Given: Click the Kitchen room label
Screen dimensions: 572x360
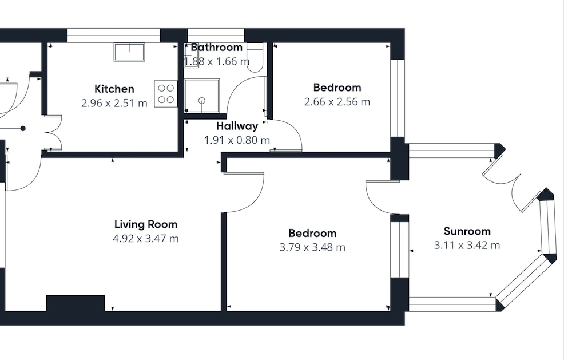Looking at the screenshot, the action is pos(114,89).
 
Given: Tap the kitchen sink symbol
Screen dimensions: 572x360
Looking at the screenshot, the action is pos(129,52).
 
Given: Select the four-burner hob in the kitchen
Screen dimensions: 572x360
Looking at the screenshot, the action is pos(166,94).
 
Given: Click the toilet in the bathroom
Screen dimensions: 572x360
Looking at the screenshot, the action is pos(255,57).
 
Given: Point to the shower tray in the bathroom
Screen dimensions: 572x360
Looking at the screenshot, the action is pos(202,96).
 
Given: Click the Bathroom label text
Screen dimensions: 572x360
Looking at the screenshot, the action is pos(216,47).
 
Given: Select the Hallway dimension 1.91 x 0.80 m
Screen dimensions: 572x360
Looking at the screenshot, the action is pos(237,140).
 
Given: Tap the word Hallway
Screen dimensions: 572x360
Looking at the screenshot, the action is pos(237,126).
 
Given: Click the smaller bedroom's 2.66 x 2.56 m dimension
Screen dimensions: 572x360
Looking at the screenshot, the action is pos(337,102).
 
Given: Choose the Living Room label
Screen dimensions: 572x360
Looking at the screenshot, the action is pos(146,224).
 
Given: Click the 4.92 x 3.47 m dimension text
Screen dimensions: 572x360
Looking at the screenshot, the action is pos(146,239).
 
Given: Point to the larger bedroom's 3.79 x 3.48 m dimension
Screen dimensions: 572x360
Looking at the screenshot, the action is pos(312,248).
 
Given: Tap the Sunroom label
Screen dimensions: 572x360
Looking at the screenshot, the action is pos(467,231).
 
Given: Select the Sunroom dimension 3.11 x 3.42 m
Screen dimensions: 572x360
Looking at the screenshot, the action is pos(467,246).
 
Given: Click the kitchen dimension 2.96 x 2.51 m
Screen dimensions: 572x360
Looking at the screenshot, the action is pos(114,104).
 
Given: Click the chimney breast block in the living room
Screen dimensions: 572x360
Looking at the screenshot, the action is pos(76,303).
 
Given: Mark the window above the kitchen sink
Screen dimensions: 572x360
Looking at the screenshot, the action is pos(114,35).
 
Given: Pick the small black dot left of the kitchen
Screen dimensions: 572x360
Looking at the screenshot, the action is pos(23,129).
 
